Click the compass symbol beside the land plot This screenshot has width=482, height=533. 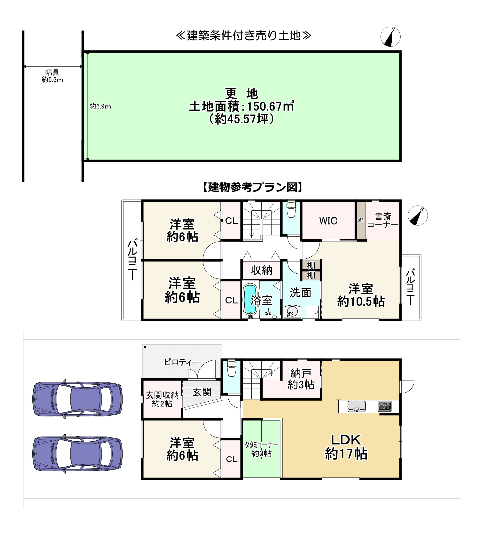(x=390, y=37)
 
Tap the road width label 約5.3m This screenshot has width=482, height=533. (x=52, y=80)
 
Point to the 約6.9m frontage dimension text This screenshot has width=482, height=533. (x=100, y=106)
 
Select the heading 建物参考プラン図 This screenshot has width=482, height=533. (x=253, y=187)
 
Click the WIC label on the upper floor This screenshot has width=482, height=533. (x=328, y=221)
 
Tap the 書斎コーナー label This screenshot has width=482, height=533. (x=383, y=221)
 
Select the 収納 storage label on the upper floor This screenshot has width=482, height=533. (x=261, y=270)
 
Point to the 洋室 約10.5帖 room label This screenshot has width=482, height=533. (x=361, y=295)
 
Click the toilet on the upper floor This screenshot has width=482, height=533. (x=291, y=209)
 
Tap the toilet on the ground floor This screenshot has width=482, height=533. (x=232, y=368)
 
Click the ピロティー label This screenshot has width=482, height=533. (x=182, y=362)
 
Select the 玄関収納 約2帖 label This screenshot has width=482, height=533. (x=162, y=399)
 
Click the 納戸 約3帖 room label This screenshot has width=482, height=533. (x=301, y=379)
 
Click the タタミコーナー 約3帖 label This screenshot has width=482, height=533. (x=261, y=449)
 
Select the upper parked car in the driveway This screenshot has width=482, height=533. (x=78, y=399)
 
